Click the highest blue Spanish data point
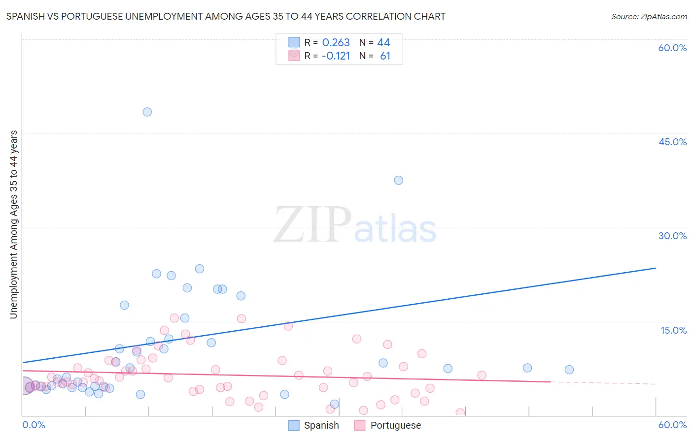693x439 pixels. pyautogui.click(x=147, y=112)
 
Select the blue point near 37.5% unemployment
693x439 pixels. pyautogui.click(x=398, y=180)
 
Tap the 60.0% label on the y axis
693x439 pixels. pyautogui.click(x=672, y=48)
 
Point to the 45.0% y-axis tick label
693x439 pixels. pyautogui.click(x=672, y=142)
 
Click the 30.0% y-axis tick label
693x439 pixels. pyautogui.click(x=672, y=236)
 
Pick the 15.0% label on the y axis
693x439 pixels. pyautogui.click(x=673, y=330)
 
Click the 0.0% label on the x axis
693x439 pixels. pyautogui.click(x=34, y=425)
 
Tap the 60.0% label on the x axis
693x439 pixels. pyautogui.click(x=672, y=425)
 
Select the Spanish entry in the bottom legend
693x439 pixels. pyautogui.click(x=314, y=425)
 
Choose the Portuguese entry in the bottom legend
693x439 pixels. pyautogui.click(x=387, y=425)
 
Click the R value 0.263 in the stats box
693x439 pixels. pyautogui.click(x=336, y=43)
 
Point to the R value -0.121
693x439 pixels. pyautogui.click(x=335, y=56)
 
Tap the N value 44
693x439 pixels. pyautogui.click(x=383, y=43)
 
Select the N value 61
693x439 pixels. pyautogui.click(x=385, y=56)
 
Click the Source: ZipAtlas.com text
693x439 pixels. pyautogui.click(x=649, y=16)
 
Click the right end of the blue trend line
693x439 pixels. pyautogui.click(x=656, y=268)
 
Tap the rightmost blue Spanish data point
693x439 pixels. pyautogui.click(x=569, y=370)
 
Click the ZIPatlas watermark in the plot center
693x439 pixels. pyautogui.click(x=355, y=225)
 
